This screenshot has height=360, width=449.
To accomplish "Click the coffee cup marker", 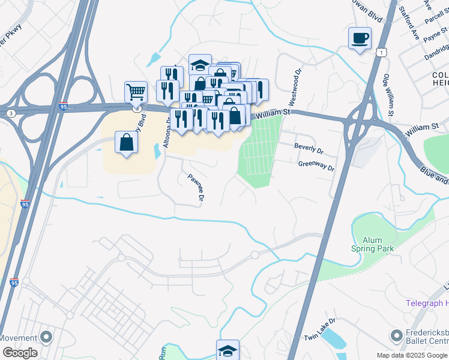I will tap(360, 38).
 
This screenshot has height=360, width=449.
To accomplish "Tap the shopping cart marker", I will tap(136, 92).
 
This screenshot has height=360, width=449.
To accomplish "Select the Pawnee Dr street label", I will tap(197, 187).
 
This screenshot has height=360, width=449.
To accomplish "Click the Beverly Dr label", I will tap(309, 147).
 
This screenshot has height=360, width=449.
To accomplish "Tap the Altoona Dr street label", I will tap(167, 133).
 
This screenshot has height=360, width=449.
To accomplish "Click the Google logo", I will tap(20, 353).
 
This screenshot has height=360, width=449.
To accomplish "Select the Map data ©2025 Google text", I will tap(412, 355).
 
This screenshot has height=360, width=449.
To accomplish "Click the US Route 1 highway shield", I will tap(382, 53).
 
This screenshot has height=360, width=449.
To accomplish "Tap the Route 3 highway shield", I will tap(11, 112).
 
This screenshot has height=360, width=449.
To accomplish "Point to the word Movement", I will tap(19, 338).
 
